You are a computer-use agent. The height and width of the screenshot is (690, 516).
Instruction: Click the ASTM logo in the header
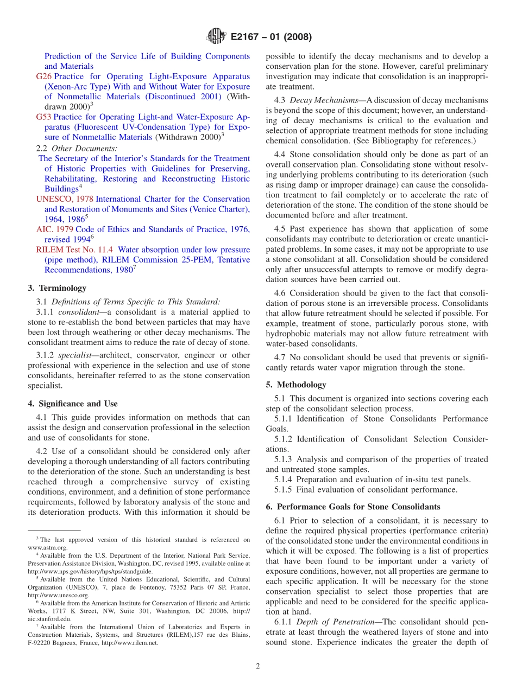pyautogui.click(x=216, y=37)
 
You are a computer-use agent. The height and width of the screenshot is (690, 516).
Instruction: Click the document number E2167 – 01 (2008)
pyautogui.click(x=271, y=37)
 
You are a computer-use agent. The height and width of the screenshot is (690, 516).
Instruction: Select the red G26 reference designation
pyautogui.click(x=43, y=76)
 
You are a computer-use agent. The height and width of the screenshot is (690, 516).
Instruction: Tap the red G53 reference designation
pyautogui.click(x=43, y=117)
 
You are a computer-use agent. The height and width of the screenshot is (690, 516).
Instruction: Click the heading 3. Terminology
pyautogui.click(x=57, y=288)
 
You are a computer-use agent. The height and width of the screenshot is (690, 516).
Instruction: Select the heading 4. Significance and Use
pyautogui.click(x=73, y=404)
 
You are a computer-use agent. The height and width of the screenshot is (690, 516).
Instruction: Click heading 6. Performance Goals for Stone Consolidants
pyautogui.click(x=353, y=507)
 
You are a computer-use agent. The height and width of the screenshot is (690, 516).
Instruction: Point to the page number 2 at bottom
pyautogui.click(x=258, y=667)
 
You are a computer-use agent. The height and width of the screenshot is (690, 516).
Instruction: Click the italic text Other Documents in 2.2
pyautogui.click(x=84, y=148)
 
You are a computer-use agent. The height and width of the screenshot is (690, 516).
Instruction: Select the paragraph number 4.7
pyautogui.click(x=280, y=357)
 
